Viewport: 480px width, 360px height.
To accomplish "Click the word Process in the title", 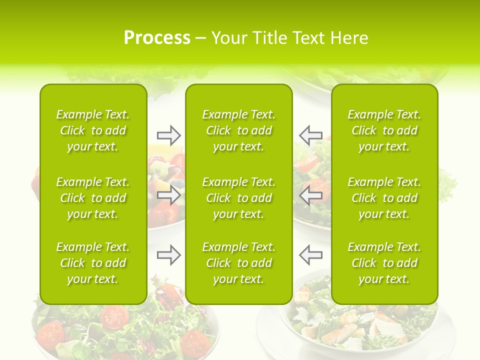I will [x=157, y=38].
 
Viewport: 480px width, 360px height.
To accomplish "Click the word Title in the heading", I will [x=267, y=38].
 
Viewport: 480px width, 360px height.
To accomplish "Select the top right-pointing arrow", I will [x=168, y=135].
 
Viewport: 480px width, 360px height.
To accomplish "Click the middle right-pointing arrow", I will [x=168, y=195].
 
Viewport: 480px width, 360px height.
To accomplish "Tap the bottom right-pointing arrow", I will [x=168, y=255].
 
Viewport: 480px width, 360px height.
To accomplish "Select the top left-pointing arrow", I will [x=310, y=135].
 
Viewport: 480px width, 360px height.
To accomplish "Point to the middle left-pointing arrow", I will [x=310, y=195].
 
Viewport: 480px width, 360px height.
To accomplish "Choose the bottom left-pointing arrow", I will [x=310, y=255].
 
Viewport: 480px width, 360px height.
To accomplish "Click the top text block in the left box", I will [x=93, y=130].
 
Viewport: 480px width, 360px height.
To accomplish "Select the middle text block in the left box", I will [x=93, y=198].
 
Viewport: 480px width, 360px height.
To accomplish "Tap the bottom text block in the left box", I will [x=93, y=263].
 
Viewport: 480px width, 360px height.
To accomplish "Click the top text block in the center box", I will [x=239, y=130].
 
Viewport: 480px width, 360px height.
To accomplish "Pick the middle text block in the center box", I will [x=239, y=198].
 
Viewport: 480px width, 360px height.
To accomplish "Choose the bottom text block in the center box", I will [x=239, y=263].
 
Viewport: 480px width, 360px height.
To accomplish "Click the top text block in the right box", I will [x=384, y=130].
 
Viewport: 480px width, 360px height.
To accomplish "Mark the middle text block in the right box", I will [x=384, y=198].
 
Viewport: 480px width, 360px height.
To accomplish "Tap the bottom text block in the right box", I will [x=384, y=263].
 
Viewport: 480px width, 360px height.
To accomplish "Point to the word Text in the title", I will [x=309, y=38].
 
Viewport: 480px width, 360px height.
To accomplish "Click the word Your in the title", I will [x=229, y=38].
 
